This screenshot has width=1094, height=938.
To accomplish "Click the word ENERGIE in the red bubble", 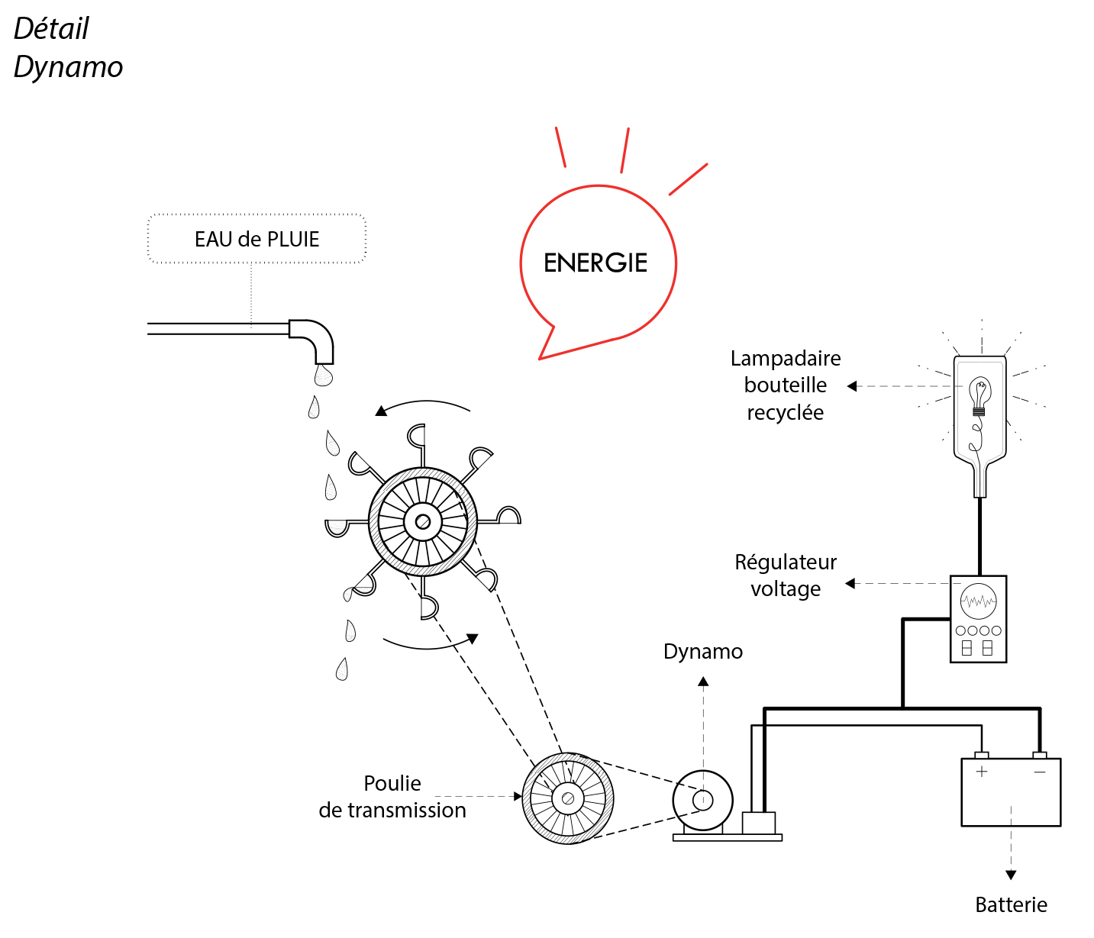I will (595, 263).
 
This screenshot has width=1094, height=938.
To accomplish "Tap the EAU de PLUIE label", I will (257, 239).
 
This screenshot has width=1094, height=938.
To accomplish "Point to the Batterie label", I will (1011, 904).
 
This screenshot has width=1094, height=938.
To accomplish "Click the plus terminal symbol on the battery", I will (982, 772).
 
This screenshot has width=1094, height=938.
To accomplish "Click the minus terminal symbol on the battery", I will (1040, 772).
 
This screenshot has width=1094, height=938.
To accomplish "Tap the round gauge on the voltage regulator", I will (978, 601).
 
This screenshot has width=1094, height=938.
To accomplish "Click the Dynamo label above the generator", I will (702, 651).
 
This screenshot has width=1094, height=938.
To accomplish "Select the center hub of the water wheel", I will (422, 523).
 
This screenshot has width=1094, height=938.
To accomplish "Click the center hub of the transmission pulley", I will (567, 798).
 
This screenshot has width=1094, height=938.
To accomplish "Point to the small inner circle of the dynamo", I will (702, 800).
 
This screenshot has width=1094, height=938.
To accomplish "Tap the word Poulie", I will (392, 783).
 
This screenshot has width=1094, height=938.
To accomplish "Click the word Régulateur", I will (786, 562).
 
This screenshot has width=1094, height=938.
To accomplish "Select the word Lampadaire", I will (786, 358).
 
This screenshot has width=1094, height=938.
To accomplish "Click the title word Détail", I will (51, 29).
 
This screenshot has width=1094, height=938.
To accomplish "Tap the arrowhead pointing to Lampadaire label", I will (852, 386).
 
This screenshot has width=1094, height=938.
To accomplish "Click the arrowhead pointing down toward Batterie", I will (1011, 875).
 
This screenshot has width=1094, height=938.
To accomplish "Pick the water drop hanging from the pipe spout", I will (324, 376).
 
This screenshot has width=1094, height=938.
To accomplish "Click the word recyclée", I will (785, 412).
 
